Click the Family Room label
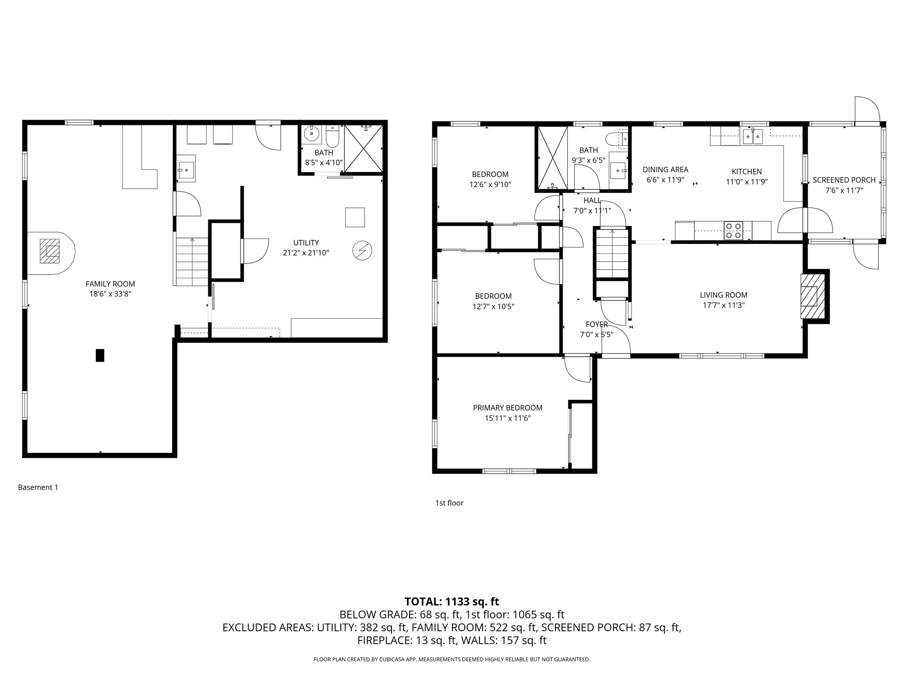pyautogui.click(x=110, y=284)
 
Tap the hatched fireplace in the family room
pyautogui.click(x=49, y=251)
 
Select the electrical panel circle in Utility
pyautogui.click(x=362, y=251)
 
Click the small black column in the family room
pyautogui.click(x=100, y=355)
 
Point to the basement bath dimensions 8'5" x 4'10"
pyautogui.click(x=324, y=162)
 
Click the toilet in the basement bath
pyautogui.click(x=332, y=137)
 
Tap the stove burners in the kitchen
pyautogui.click(x=733, y=231)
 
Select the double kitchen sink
pyautogui.click(x=753, y=136)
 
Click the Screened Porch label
pyautogui.click(x=844, y=180)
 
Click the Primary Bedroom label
pyautogui.click(x=508, y=408)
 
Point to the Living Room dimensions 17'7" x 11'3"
pyautogui.click(x=723, y=305)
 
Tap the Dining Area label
pyautogui.click(x=665, y=169)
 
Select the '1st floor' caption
pyautogui.click(x=449, y=503)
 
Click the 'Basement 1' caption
pyautogui.click(x=38, y=487)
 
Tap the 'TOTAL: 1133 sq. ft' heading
pyautogui.click(x=452, y=601)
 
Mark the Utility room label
pyautogui.click(x=306, y=243)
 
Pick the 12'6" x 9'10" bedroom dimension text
pyautogui.click(x=490, y=185)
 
